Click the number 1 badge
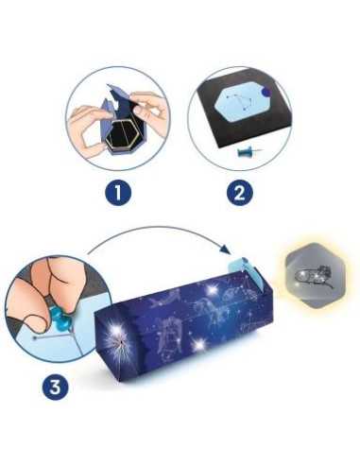click(x=116, y=194)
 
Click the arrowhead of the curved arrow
click(x=229, y=250)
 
